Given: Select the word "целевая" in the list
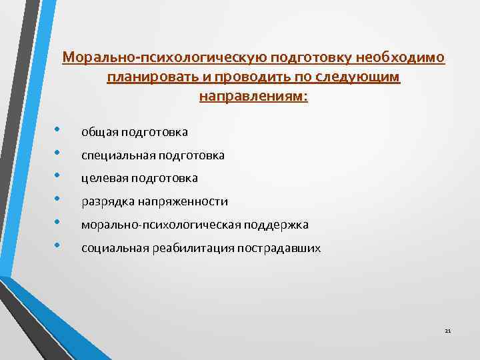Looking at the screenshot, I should click(x=104, y=178).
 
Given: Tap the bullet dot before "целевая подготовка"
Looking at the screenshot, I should click(x=58, y=175).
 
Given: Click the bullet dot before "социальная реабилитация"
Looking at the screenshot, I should click(x=58, y=245).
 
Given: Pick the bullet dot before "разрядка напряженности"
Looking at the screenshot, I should click(x=58, y=198).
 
